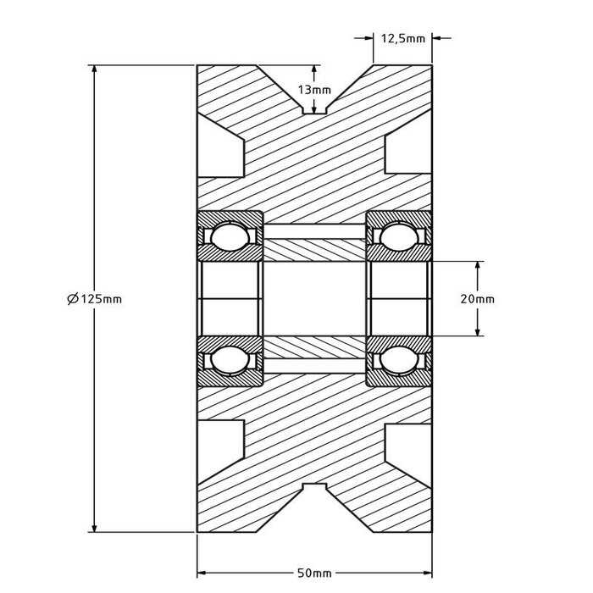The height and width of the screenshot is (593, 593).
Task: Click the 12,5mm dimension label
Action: [402, 38]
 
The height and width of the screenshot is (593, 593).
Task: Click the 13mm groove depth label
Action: [314, 91]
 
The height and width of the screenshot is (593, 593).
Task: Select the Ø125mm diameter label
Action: [93, 298]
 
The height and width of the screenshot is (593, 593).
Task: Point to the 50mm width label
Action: [314, 574]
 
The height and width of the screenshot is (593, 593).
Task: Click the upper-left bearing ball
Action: [229, 236]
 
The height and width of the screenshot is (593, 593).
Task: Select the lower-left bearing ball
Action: [229, 361]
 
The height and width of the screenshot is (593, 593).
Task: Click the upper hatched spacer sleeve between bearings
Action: [314, 250]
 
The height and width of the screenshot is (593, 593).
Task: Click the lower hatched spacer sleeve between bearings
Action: [314, 347]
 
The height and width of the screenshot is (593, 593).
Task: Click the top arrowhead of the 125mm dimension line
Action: [93, 70]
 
